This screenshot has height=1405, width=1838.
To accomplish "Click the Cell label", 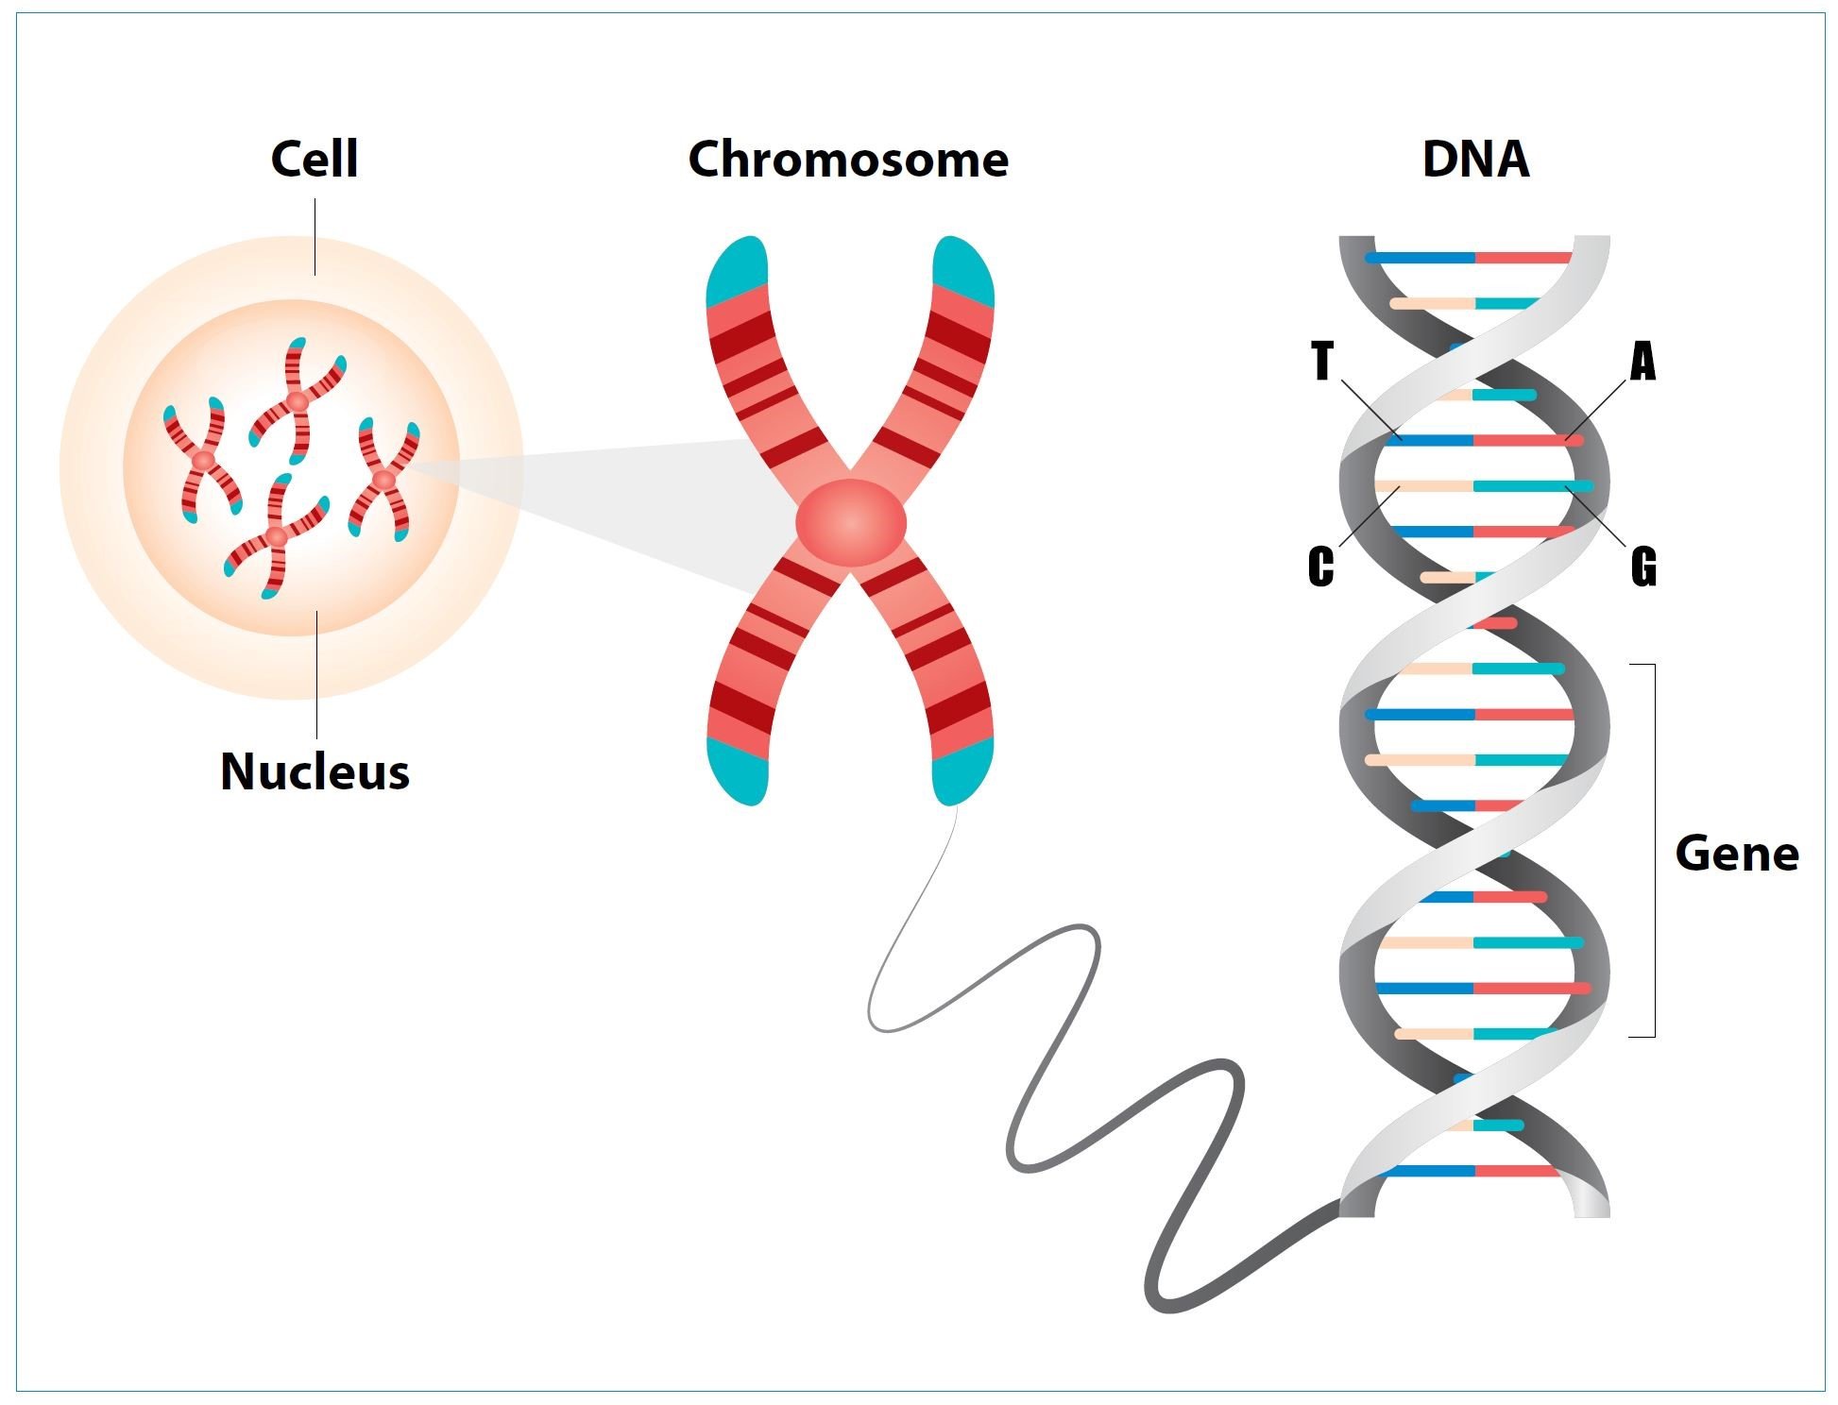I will pyautogui.click(x=315, y=159).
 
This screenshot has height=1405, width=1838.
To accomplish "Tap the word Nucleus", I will pyautogui.click(x=315, y=771).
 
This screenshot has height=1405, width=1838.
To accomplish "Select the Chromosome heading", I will pyautogui.click(x=848, y=159).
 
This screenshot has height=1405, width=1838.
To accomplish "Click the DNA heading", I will pyautogui.click(x=1475, y=159).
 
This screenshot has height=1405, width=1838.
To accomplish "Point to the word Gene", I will pyautogui.click(x=1736, y=854).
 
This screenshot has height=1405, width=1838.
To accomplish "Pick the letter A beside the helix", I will pyautogui.click(x=1643, y=362).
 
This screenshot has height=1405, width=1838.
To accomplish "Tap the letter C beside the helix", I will pyautogui.click(x=1321, y=567).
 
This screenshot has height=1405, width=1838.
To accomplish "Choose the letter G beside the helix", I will pyautogui.click(x=1643, y=567).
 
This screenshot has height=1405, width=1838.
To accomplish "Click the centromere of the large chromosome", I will pyautogui.click(x=850, y=522).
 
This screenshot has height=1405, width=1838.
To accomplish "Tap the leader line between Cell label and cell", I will pyautogui.click(x=315, y=236).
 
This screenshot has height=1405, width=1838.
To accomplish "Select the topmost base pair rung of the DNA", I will pyautogui.click(x=1473, y=257).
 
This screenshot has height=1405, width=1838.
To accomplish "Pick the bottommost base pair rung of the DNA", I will pyautogui.click(x=1473, y=1171).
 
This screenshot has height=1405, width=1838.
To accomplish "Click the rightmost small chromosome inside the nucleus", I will pyautogui.click(x=383, y=480).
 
